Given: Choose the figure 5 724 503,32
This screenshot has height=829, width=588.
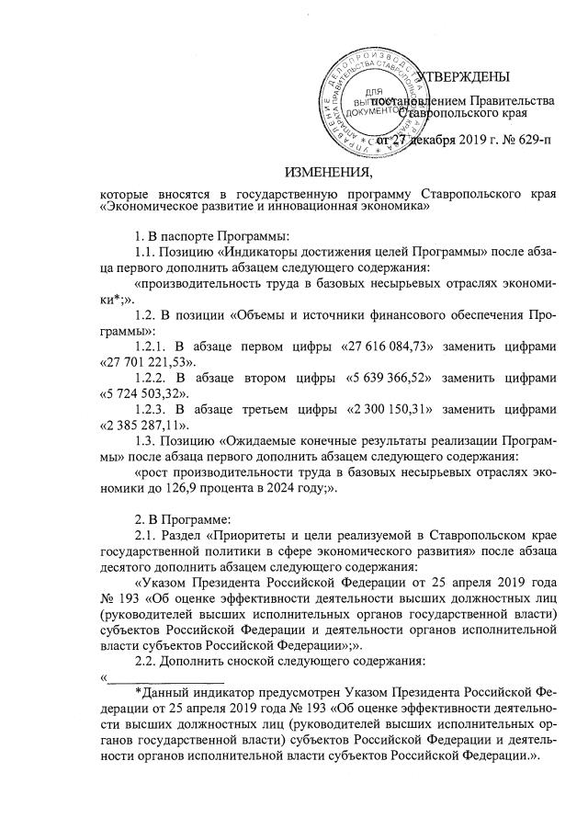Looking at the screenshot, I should click(x=141, y=398).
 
